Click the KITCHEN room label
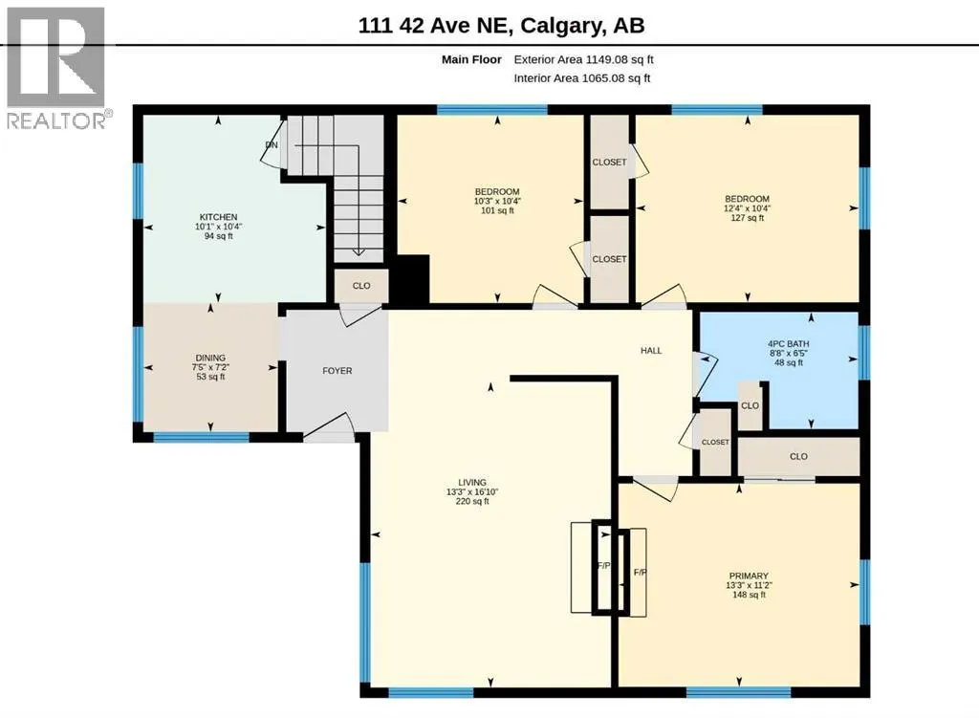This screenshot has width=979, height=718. [219, 217]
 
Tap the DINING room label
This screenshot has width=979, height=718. [210, 358]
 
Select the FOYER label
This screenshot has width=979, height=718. [337, 370]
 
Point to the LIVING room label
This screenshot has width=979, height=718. [472, 482]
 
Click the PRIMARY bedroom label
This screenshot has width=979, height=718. [749, 576]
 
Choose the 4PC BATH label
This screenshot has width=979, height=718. [789, 343]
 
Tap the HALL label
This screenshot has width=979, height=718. [651, 350]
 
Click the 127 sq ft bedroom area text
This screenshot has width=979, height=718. [748, 218]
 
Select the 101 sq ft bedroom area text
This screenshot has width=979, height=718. [497, 210]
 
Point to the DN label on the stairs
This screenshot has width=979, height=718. [271, 145]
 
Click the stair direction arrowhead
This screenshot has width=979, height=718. [359, 251]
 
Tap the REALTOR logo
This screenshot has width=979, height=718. [56, 68]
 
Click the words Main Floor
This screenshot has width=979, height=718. [471, 59]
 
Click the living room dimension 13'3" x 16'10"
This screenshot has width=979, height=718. [472, 491]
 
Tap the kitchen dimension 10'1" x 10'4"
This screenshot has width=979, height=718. [219, 227]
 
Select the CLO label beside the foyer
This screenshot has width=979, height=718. [361, 285]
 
